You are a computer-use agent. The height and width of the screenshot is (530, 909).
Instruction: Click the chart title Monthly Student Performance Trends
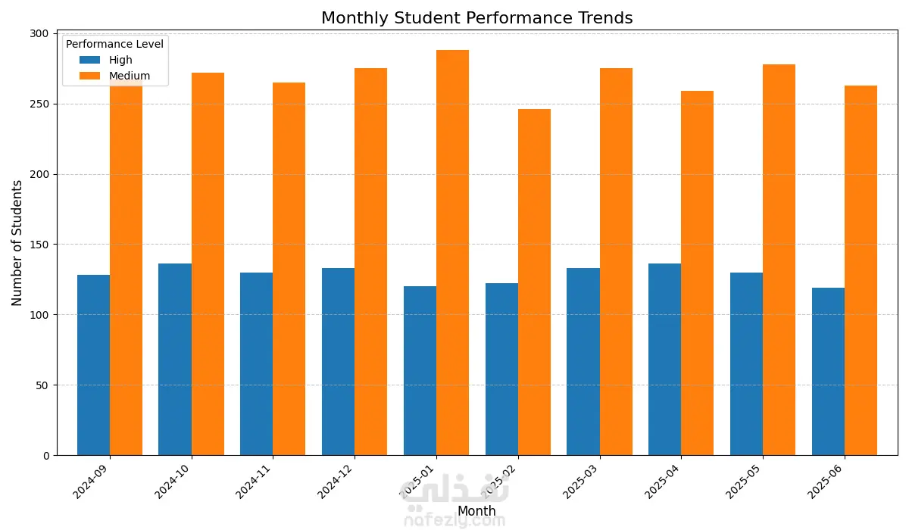click(476, 18)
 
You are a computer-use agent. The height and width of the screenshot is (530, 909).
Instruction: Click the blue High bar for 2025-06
click(828, 371)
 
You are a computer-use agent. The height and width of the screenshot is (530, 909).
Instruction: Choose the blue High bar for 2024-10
click(175, 360)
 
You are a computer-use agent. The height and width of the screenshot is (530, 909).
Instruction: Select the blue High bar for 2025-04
click(664, 360)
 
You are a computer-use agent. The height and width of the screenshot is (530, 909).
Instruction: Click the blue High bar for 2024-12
click(338, 362)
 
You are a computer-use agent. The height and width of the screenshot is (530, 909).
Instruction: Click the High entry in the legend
click(120, 60)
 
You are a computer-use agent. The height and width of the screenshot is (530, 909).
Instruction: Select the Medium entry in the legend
click(130, 76)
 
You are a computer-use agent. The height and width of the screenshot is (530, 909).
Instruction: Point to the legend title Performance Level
click(114, 44)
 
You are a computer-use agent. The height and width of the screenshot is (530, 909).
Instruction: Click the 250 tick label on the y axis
click(39, 104)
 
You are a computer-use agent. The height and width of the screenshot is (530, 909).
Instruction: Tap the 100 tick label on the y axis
click(39, 315)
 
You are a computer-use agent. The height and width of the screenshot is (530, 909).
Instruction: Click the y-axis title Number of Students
click(17, 243)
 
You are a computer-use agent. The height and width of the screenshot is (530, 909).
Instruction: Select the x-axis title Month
click(476, 511)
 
